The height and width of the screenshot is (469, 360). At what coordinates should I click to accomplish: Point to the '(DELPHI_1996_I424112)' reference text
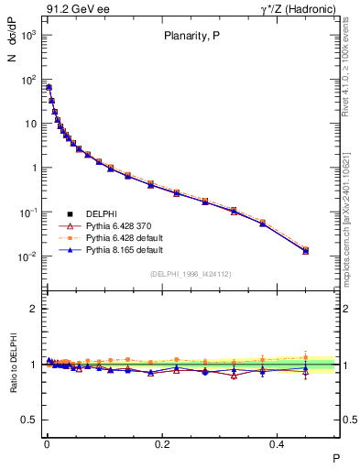click(191, 274)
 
